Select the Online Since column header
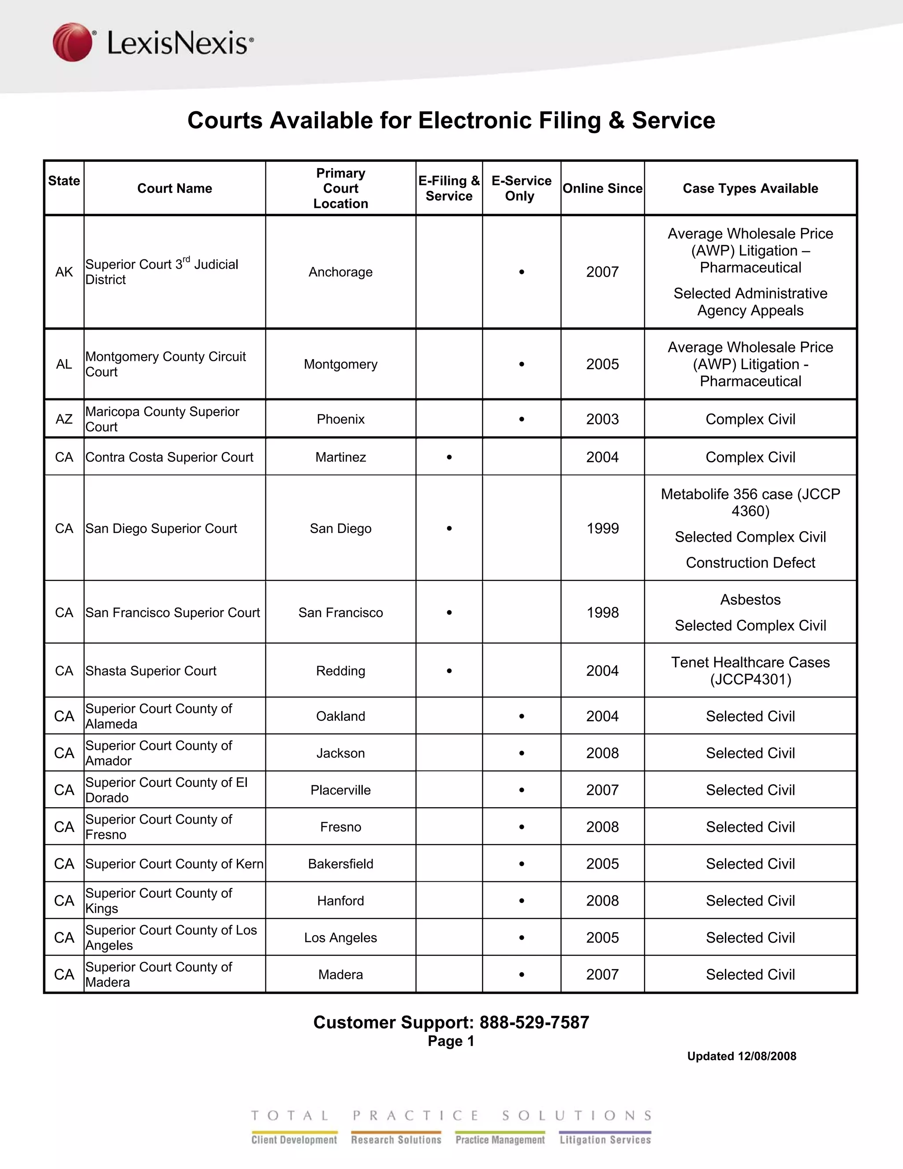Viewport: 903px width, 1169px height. pos(602,188)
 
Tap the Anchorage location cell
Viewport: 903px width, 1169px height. pos(340,272)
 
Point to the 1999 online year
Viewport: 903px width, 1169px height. pos(602,528)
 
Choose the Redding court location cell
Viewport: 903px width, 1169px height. pos(340,671)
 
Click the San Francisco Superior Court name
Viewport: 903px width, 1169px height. pos(173,612)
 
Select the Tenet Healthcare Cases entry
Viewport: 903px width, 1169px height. pos(750,671)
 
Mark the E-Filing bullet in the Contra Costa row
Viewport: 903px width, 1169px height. pos(449,457)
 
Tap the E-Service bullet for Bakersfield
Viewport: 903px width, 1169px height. pos(522,864)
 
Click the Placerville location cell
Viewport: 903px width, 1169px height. pos(340,790)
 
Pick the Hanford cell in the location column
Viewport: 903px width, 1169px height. pos(340,901)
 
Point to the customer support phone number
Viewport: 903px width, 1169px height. pos(534,1023)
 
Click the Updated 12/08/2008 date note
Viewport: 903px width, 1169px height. pos(742,1056)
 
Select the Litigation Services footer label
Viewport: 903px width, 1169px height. pos(605,1139)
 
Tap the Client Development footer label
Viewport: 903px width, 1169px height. pos(294,1139)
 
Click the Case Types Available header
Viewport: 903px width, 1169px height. pos(750,188)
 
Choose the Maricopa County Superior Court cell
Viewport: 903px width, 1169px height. pos(163,419)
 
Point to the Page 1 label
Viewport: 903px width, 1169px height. pos(451,1041)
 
